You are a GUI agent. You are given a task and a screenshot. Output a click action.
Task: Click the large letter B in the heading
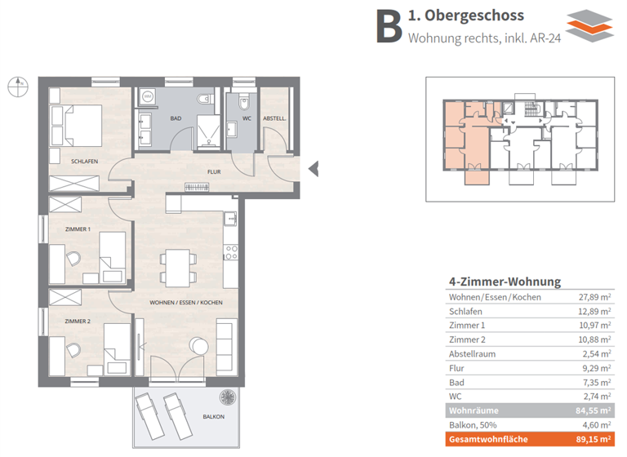coord(389,27)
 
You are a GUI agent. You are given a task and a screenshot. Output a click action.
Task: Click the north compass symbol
coord(17,83)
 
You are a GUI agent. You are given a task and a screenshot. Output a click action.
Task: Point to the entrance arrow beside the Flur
coord(313,169)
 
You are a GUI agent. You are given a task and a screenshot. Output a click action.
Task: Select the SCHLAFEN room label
coord(84,162)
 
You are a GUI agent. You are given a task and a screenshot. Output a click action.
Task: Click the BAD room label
coord(176,118)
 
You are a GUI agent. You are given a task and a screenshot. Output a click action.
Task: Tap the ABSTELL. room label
coord(274,118)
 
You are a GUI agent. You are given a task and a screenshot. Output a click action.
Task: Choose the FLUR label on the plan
coord(214,172)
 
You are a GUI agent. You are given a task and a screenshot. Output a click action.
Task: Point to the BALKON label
coord(215,417)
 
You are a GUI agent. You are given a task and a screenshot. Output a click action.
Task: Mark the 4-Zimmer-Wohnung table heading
coord(505,282)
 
